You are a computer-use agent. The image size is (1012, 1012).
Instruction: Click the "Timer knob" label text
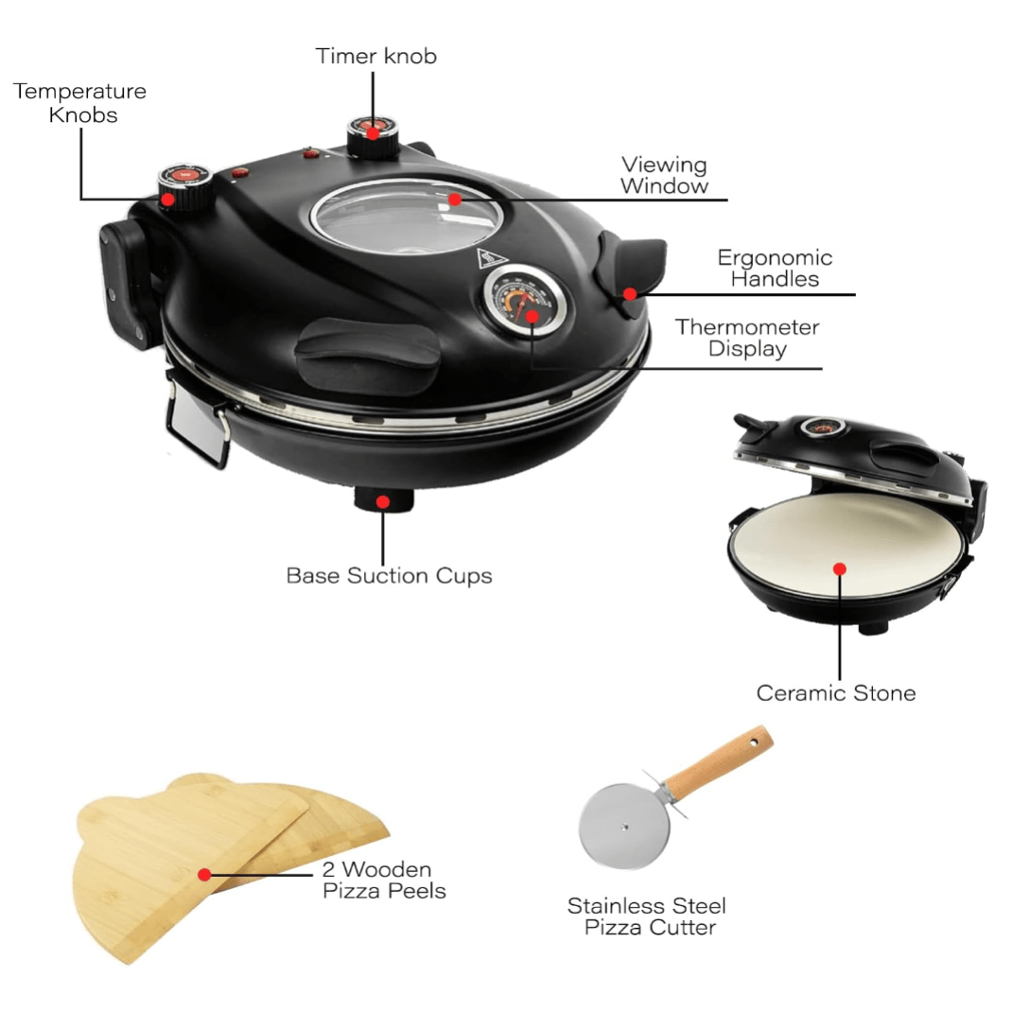(376, 56)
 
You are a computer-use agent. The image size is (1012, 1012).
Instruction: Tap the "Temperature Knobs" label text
(79, 103)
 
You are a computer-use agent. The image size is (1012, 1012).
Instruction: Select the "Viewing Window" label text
(664, 175)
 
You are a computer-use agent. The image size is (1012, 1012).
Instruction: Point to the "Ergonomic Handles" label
(774, 268)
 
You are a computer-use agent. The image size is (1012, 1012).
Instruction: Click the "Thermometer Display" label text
(747, 338)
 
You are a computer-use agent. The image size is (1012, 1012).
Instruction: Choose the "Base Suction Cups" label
(389, 575)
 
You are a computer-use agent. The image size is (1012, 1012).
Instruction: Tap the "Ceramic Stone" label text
(836, 692)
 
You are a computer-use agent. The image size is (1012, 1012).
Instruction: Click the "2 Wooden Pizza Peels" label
(384, 880)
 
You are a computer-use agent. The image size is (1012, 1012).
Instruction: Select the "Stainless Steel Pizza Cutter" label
(647, 916)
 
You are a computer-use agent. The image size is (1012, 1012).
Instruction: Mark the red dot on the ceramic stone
(839, 568)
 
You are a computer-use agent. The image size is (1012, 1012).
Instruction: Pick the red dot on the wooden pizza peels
(203, 874)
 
